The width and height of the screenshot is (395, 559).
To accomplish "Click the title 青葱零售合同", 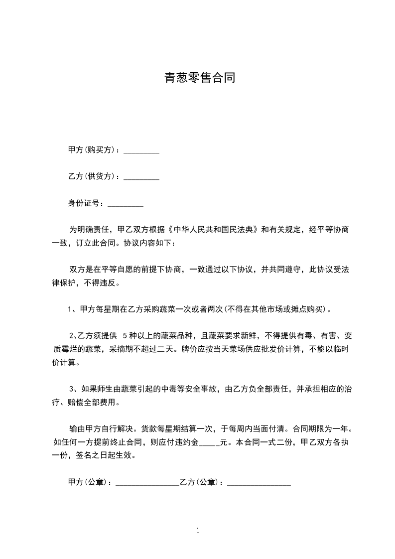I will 199,78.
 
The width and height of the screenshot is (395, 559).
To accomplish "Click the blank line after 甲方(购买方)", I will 141,152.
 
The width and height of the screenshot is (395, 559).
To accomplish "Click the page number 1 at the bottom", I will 198,531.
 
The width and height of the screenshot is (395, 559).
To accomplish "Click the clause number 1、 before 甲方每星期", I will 72,309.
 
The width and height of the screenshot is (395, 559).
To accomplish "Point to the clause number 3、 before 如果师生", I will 72,389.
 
